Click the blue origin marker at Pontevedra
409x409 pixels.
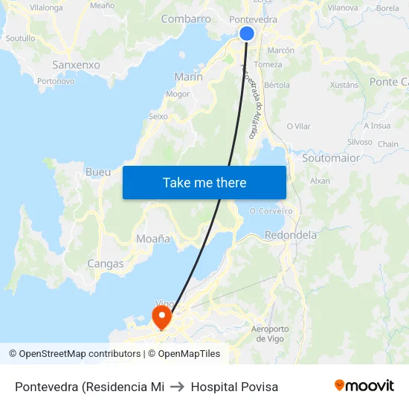click(247, 33)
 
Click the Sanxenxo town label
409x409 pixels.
click(76, 65)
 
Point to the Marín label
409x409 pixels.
click(188, 77)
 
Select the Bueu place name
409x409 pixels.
click(98, 172)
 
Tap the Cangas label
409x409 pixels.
click(106, 263)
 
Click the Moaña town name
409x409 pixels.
click(153, 239)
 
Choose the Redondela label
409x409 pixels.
click(291, 235)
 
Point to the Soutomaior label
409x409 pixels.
click(331, 158)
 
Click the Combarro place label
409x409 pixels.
click(186, 19)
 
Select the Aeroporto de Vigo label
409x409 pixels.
click(271, 333)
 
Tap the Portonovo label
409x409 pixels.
click(56, 81)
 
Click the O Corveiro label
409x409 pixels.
click(271, 211)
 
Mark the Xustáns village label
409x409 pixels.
click(344, 85)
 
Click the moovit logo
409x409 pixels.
click(364, 386)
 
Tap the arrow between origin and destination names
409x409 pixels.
click(178, 387)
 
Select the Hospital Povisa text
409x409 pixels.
click(234, 387)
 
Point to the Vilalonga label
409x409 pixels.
click(46, 7)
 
